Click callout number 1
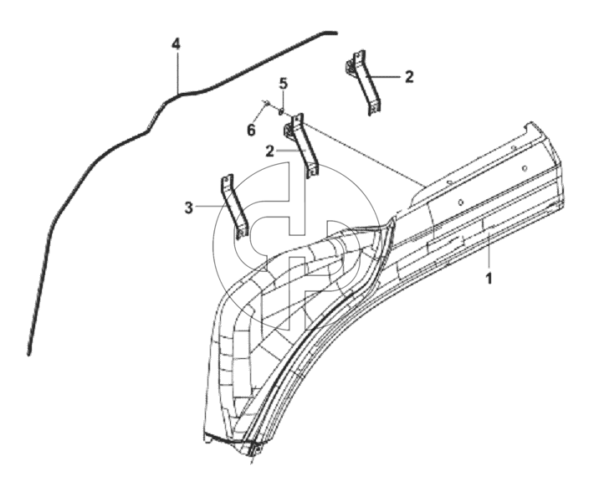pyautogui.click(x=489, y=279)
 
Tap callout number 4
pyautogui.click(x=176, y=44)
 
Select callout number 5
pyautogui.click(x=284, y=84)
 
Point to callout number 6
pyautogui.click(x=251, y=131)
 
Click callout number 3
pyautogui.click(x=188, y=208)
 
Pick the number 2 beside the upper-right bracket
pyautogui.click(x=409, y=77)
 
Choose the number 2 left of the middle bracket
pyautogui.click(x=269, y=151)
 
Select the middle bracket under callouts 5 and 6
pyautogui.click(x=301, y=146)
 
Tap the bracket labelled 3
pyautogui.click(x=234, y=207)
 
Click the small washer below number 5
pyautogui.click(x=281, y=111)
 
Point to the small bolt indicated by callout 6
pyautogui.click(x=266, y=103)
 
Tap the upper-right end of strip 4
pyautogui.click(x=335, y=33)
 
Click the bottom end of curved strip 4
pyautogui.click(x=28, y=353)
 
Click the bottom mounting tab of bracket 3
pyautogui.click(x=242, y=233)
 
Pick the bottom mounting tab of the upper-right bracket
pyautogui.click(x=374, y=108)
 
